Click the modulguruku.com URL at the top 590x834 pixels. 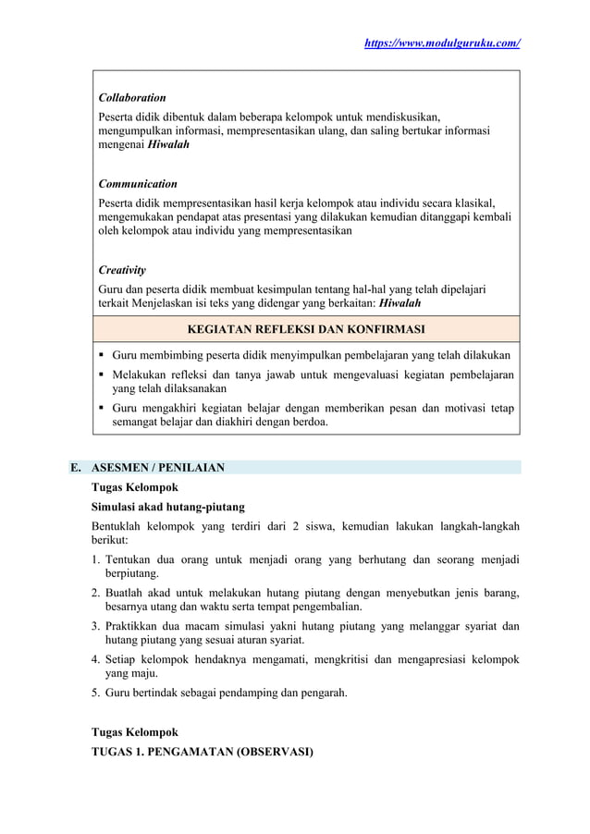pyautogui.click(x=443, y=43)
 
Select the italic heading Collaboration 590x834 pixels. pyautogui.click(x=132, y=97)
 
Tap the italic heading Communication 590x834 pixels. pyautogui.click(x=138, y=184)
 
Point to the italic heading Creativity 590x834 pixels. pyautogui.click(x=122, y=270)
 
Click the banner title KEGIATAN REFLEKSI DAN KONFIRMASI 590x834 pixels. pyautogui.click(x=306, y=329)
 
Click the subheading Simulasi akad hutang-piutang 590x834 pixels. pyautogui.click(x=167, y=507)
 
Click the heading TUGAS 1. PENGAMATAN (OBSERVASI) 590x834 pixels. pyautogui.click(x=202, y=752)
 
